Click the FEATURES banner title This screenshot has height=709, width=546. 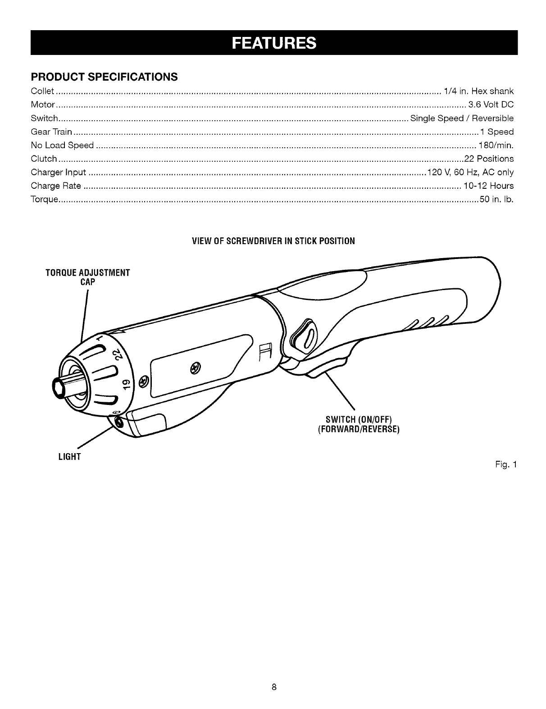(x=274, y=42)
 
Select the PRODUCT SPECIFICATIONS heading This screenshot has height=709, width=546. (x=104, y=77)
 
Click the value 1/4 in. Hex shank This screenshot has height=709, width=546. (x=478, y=91)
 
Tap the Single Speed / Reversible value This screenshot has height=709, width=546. (x=462, y=118)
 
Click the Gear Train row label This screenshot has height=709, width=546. (x=51, y=132)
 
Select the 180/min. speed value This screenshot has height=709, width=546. (x=496, y=145)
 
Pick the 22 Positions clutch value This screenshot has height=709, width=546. (x=489, y=159)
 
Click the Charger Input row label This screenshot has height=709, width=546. (x=59, y=173)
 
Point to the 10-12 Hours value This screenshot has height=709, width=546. (x=488, y=186)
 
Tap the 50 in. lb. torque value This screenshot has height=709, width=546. (x=496, y=200)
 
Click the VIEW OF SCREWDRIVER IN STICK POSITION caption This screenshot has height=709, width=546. (x=273, y=241)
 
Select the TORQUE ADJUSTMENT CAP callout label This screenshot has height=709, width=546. (x=88, y=277)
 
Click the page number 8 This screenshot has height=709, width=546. (x=273, y=687)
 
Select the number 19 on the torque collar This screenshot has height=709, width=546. (x=127, y=383)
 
